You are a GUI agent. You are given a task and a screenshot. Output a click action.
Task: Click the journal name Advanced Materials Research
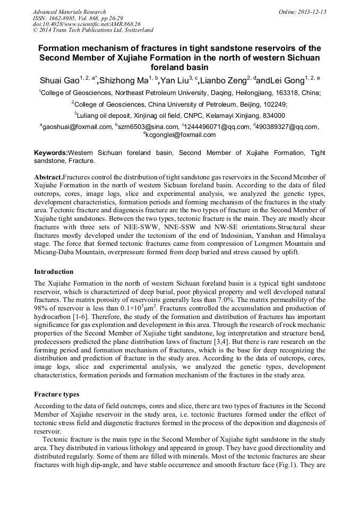69,12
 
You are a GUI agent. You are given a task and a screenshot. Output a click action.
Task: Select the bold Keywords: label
51,153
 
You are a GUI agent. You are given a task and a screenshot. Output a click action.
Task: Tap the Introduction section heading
54,272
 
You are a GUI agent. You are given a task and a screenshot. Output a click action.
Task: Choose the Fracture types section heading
56,394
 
